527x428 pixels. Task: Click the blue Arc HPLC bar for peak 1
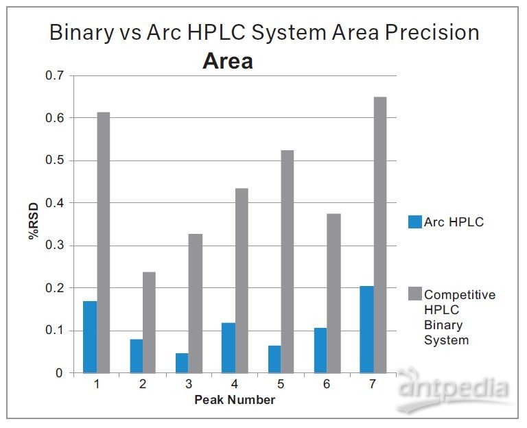pyautogui.click(x=90, y=337)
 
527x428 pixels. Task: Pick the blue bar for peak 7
pyautogui.click(x=366, y=329)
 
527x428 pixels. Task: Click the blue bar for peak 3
pyautogui.click(x=182, y=363)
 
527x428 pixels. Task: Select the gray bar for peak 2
pyautogui.click(x=150, y=322)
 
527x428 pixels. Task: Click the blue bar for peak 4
pyautogui.click(x=228, y=348)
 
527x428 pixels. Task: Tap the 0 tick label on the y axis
pyautogui.click(x=60, y=373)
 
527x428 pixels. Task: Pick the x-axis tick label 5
pyautogui.click(x=281, y=384)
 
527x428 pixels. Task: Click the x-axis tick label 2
pyautogui.click(x=143, y=384)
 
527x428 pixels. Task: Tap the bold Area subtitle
pyautogui.click(x=227, y=62)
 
